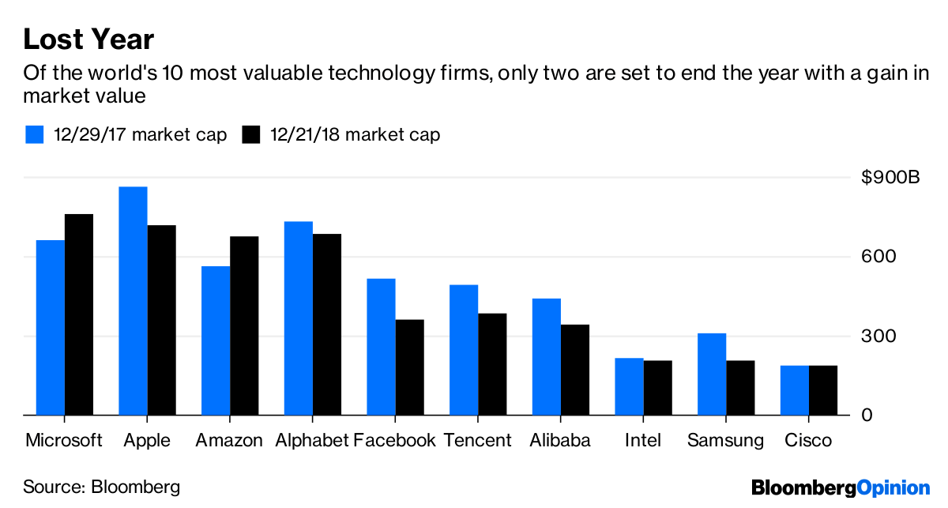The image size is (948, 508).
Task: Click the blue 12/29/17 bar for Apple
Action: [x=133, y=301]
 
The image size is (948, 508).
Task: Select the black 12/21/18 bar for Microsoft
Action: [x=79, y=314]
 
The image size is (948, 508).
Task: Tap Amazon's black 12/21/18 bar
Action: [x=244, y=325]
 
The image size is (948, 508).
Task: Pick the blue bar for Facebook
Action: [x=381, y=347]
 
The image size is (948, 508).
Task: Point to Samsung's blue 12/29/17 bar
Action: [x=712, y=374]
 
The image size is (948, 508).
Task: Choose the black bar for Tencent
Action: [x=492, y=364]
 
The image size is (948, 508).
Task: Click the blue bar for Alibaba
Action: [x=547, y=357]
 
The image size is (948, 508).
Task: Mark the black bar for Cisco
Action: [x=823, y=390]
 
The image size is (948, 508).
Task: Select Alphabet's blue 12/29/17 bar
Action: [x=299, y=318]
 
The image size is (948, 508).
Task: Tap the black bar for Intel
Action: [x=657, y=388]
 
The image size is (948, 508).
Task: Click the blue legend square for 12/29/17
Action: [x=35, y=134]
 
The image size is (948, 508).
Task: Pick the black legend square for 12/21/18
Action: [x=251, y=134]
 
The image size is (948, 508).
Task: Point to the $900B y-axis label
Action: [x=890, y=178]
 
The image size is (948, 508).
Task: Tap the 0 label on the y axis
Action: [x=867, y=416]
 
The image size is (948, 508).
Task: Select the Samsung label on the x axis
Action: [x=725, y=440]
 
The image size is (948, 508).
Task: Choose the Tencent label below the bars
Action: [x=477, y=440]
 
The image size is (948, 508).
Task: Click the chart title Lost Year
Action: [x=88, y=39]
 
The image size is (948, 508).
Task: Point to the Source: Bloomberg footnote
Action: [x=101, y=486]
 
